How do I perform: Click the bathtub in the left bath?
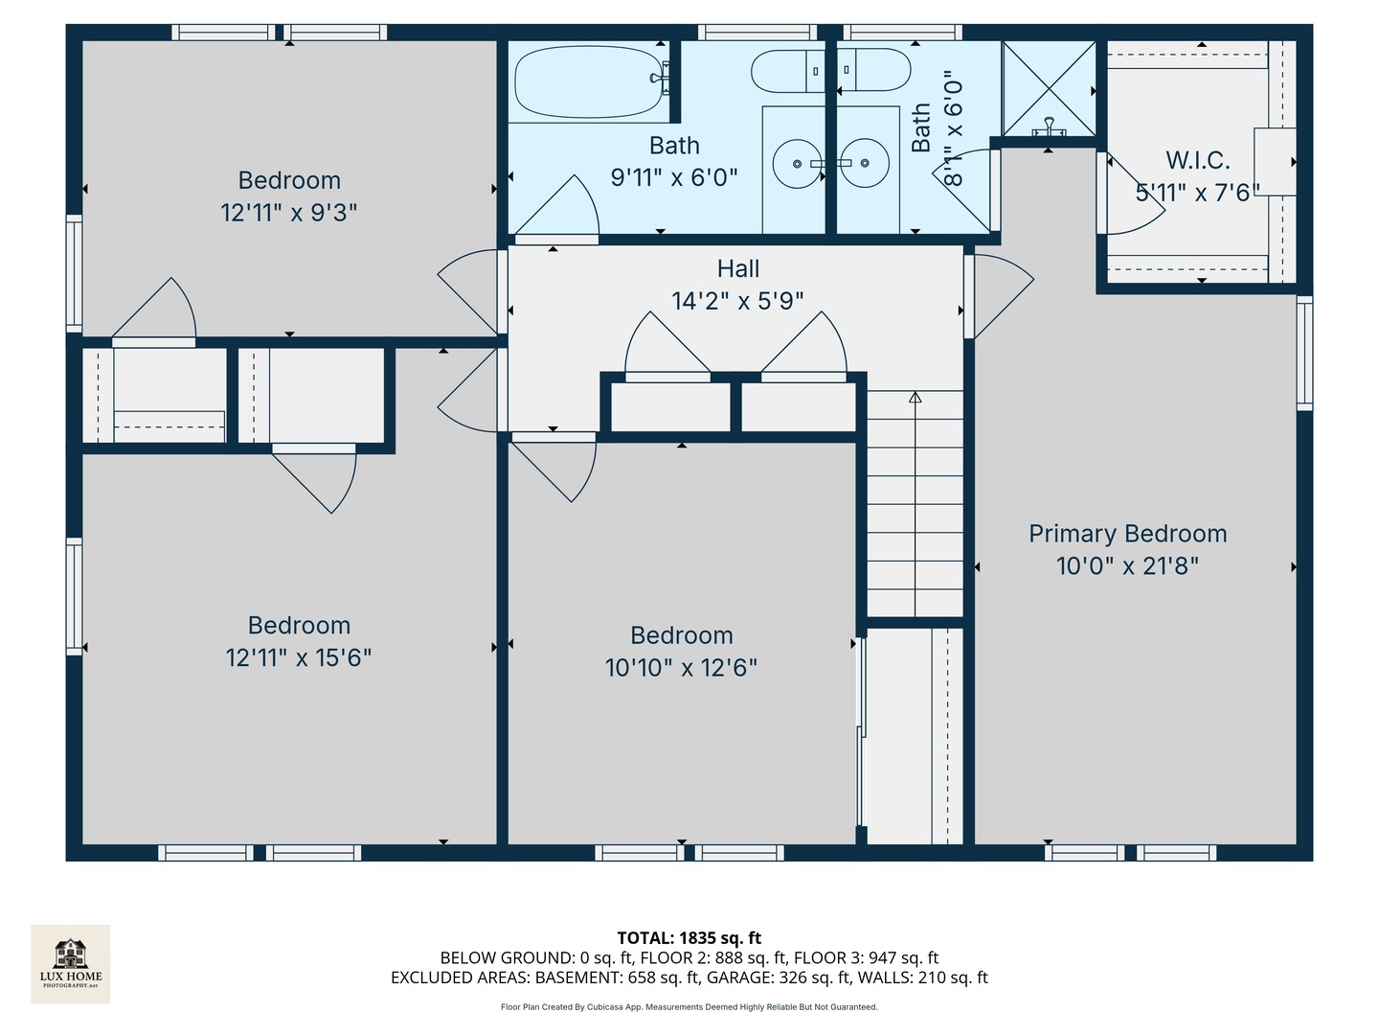[586, 82]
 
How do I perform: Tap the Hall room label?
[738, 269]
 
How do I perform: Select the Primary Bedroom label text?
[1127, 534]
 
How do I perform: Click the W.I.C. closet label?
[1197, 161]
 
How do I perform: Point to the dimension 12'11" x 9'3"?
[289, 212]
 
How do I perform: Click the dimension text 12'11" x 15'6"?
[299, 657]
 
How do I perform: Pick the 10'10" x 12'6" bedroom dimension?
[681, 667]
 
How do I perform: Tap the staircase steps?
[915, 503]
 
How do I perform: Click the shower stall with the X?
[1049, 88]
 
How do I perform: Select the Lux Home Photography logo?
[71, 963]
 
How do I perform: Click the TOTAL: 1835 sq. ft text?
[689, 937]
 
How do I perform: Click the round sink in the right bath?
[865, 164]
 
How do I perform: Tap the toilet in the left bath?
[787, 72]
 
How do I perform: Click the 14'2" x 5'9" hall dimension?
[737, 301]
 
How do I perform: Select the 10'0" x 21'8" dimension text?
[1127, 565]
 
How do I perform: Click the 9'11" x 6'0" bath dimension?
[674, 177]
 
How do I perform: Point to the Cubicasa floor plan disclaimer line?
[689, 1007]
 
